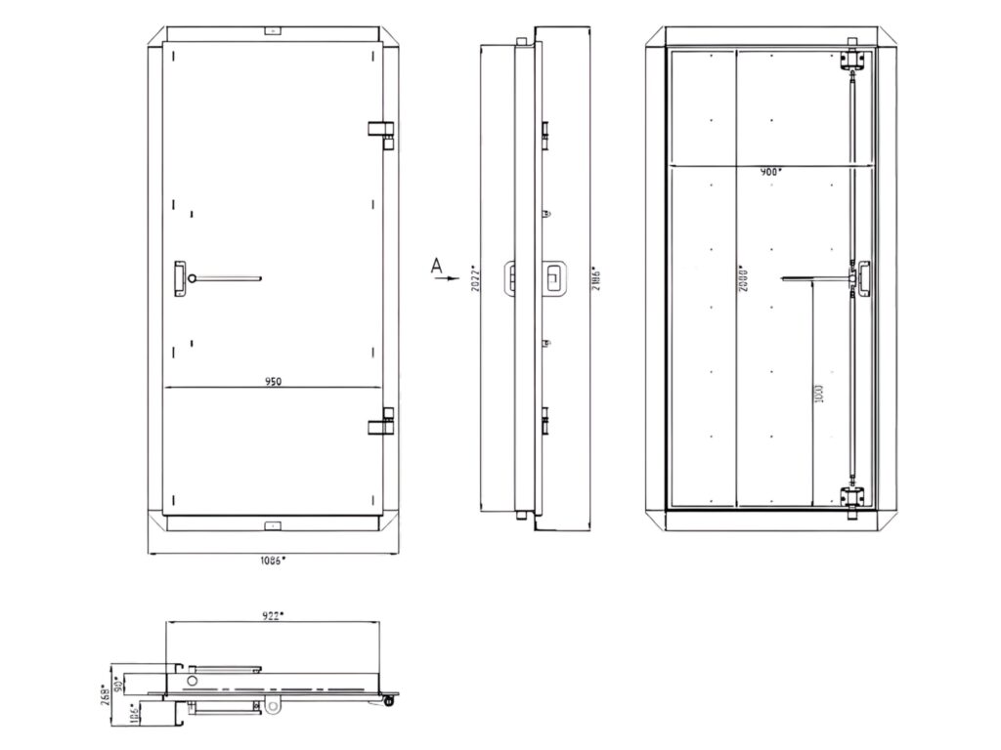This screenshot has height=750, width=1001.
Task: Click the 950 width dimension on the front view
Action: [273, 382]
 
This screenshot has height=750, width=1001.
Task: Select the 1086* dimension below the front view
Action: [273, 561]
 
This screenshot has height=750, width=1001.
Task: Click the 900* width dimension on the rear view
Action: [771, 172]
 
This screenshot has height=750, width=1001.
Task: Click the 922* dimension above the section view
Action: [273, 615]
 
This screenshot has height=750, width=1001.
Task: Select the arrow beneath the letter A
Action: [445, 278]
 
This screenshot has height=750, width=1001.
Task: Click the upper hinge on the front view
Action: [381, 131]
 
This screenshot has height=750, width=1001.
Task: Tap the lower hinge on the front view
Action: [381, 425]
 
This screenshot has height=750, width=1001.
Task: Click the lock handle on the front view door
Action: [181, 277]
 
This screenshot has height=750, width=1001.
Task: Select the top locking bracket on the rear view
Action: [853, 61]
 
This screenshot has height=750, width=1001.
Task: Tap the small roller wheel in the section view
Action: [391, 699]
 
